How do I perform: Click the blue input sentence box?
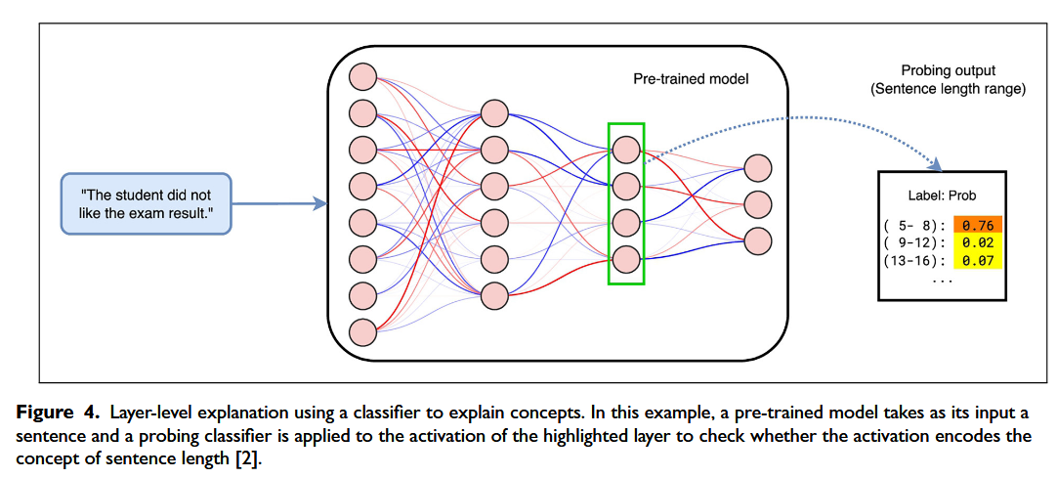pos(147,203)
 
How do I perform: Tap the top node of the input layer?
pos(362,76)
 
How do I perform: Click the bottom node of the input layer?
pos(362,332)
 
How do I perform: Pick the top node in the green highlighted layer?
pos(626,149)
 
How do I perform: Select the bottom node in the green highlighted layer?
pos(626,259)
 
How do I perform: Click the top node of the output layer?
pos(758,168)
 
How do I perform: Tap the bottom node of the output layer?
pos(758,239)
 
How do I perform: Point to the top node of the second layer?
pos(494,113)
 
